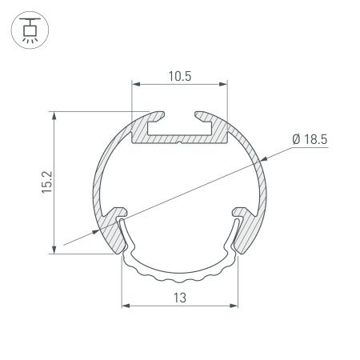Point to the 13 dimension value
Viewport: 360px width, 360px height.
tap(180, 298)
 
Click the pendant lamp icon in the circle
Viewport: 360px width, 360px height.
tap(30, 30)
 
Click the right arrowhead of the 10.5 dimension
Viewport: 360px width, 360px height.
tap(225, 84)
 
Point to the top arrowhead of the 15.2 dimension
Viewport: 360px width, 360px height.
tap(54, 114)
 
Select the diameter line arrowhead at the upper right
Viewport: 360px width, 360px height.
tap(257, 159)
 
